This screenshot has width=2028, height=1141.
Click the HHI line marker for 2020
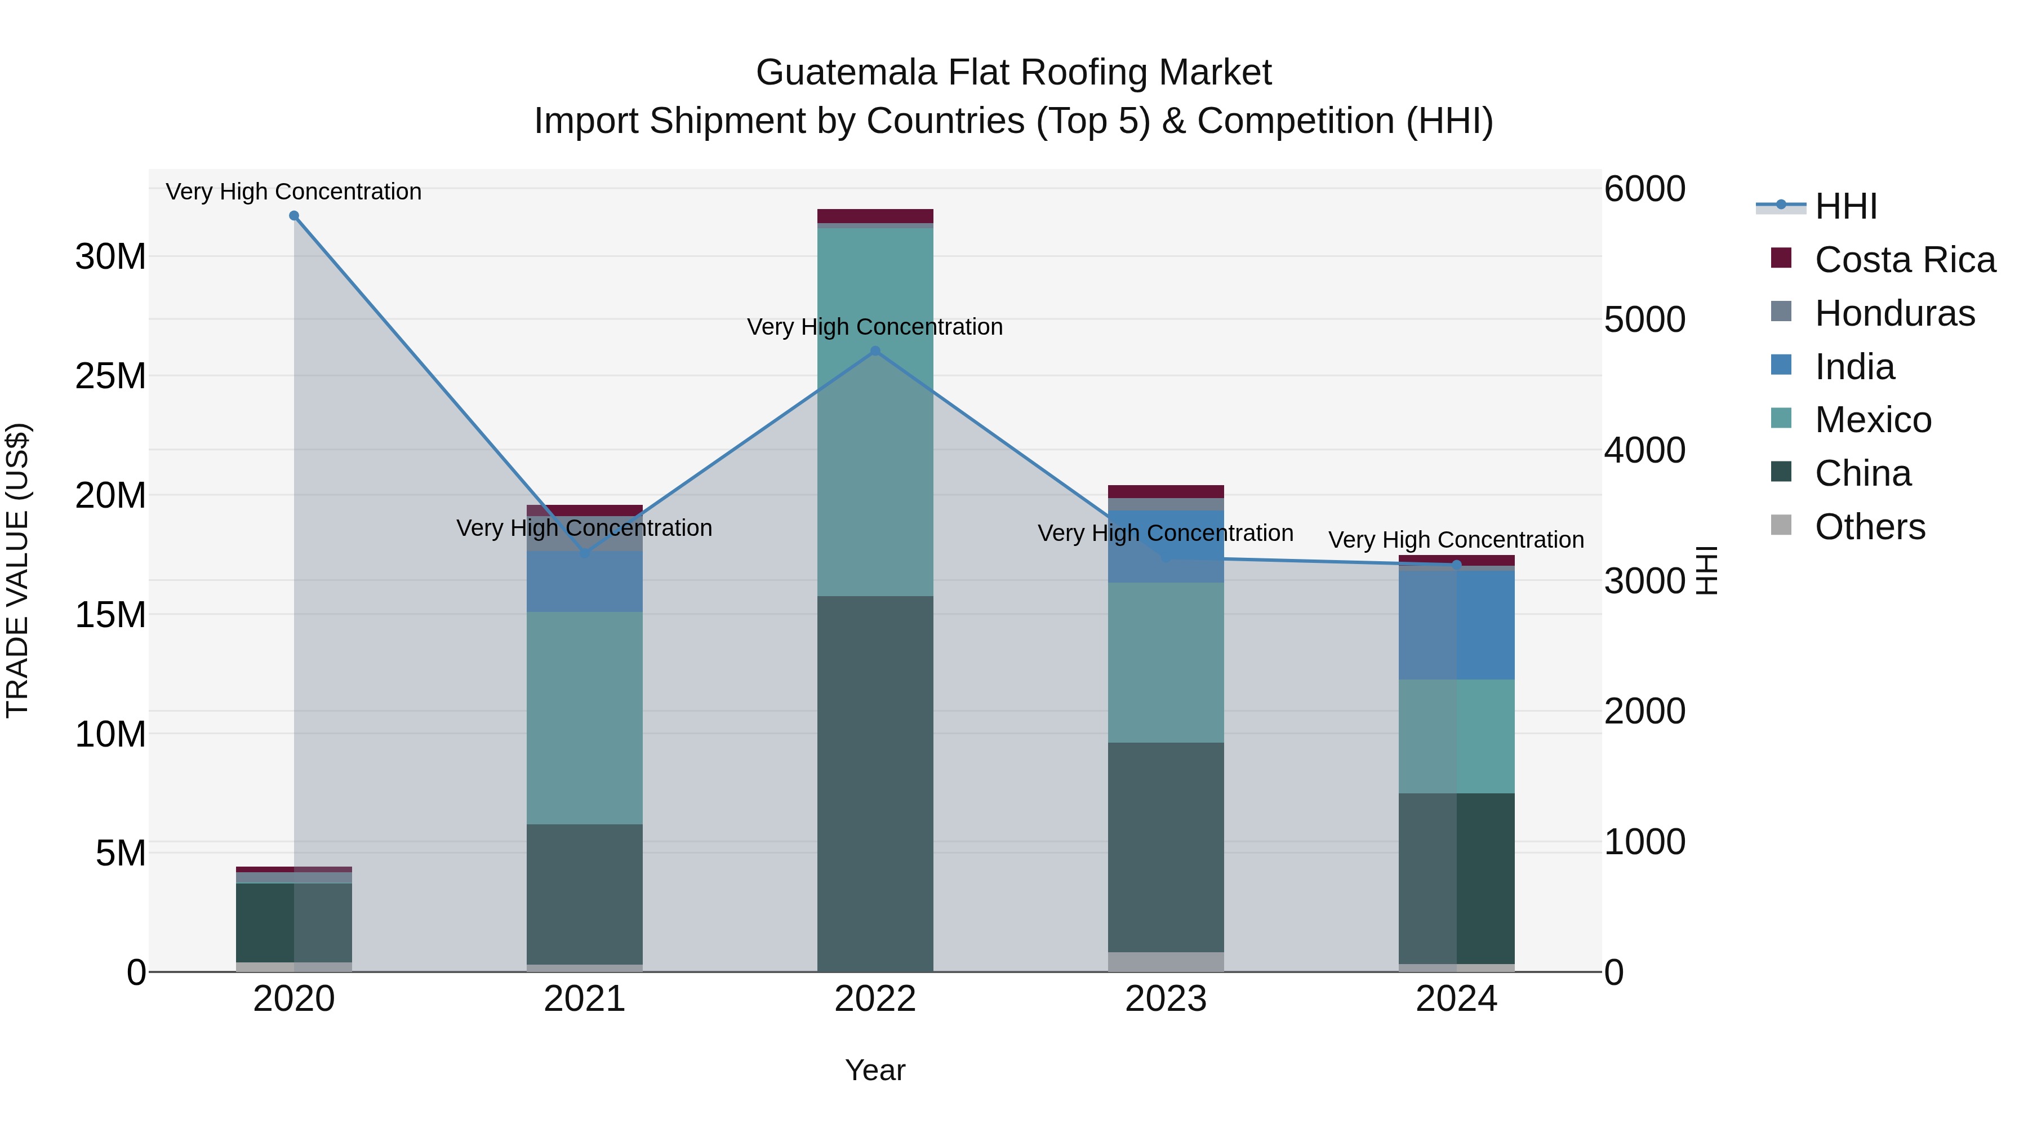[x=293, y=216]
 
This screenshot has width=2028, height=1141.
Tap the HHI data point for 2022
[x=875, y=351]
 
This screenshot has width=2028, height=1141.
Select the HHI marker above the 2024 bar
[x=1456, y=565]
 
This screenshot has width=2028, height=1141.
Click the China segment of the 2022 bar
[x=875, y=784]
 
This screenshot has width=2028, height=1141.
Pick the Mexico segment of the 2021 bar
[x=584, y=718]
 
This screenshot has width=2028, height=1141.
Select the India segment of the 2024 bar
[x=1456, y=624]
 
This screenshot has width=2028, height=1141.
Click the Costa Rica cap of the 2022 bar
[x=875, y=216]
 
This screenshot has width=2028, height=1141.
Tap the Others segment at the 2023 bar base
[x=1165, y=961]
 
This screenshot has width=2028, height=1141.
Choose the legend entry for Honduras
[x=1894, y=313]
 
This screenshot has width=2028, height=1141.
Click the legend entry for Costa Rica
[x=1905, y=260]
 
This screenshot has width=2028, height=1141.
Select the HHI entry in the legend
[x=1845, y=206]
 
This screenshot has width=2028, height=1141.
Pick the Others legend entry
[x=1870, y=527]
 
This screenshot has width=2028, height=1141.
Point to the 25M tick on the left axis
[x=110, y=376]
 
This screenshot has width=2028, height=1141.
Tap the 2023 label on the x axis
[x=1165, y=999]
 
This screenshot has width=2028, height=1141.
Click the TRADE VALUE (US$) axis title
[x=17, y=570]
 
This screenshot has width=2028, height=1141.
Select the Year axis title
[x=875, y=1070]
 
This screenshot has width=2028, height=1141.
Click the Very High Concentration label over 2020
[x=293, y=192]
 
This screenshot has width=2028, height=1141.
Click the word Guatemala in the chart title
[x=846, y=73]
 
